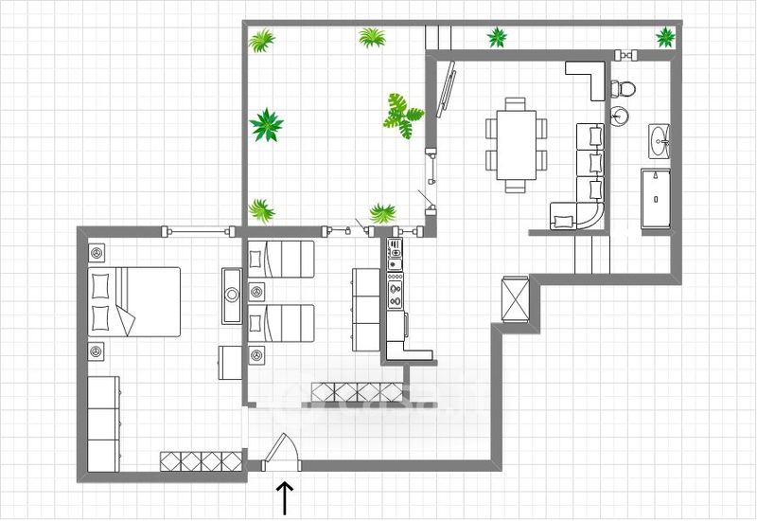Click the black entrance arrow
285,496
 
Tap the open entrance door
280,452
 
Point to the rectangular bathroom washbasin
661,141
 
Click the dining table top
517,141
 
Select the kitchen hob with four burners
395,286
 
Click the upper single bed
280,259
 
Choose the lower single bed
280,324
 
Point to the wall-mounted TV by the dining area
448,90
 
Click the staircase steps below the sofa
591,254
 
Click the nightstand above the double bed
97,253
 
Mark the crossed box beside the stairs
516,298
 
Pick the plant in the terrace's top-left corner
261,41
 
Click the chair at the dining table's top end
516,101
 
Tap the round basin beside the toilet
619,117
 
